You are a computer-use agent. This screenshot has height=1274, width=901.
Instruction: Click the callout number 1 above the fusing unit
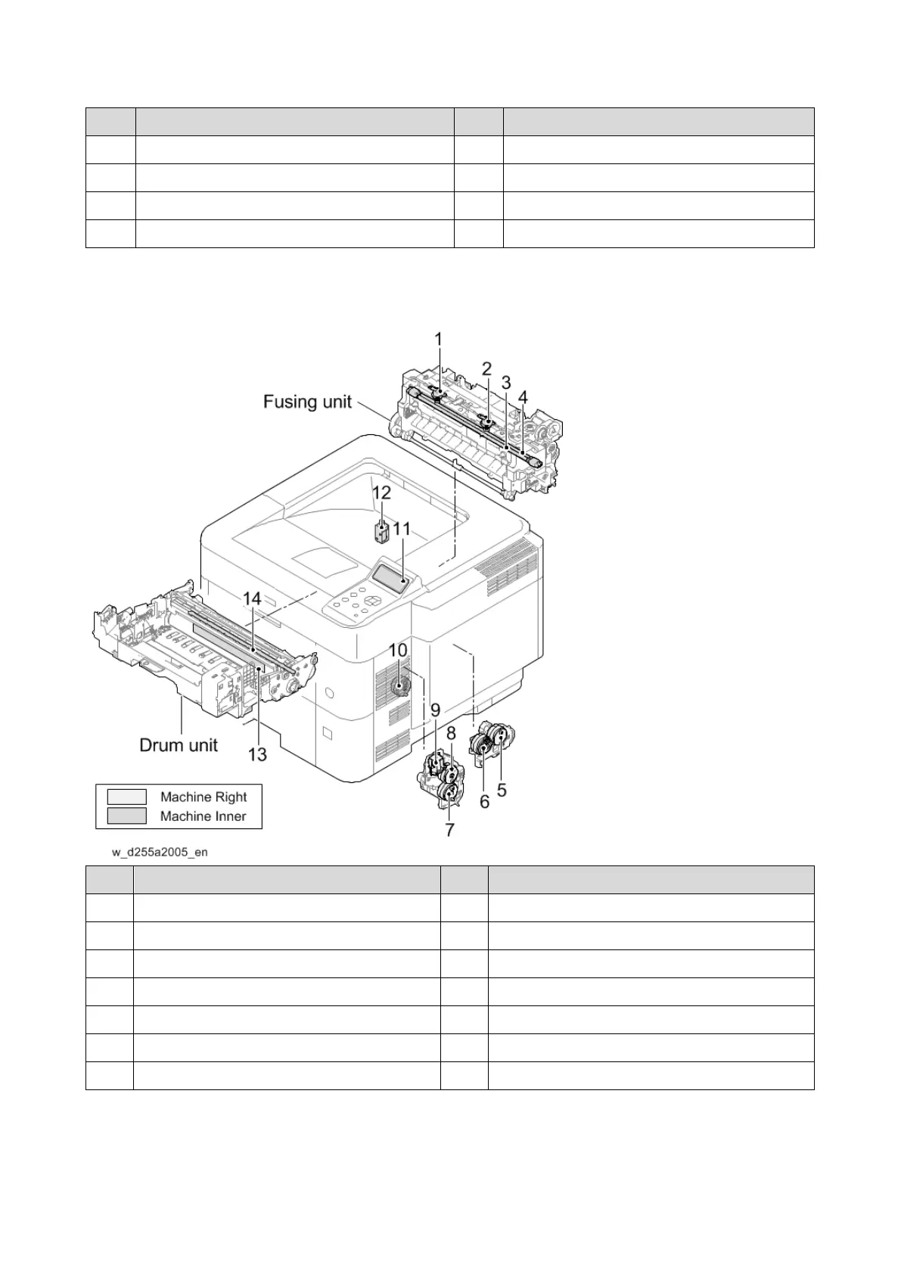(x=438, y=340)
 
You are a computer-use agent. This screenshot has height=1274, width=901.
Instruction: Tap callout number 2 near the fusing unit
(x=487, y=368)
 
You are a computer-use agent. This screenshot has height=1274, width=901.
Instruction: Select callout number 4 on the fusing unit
(x=523, y=396)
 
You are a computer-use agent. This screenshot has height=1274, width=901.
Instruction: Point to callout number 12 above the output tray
(x=381, y=493)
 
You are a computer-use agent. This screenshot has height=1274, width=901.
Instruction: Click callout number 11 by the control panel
(x=401, y=528)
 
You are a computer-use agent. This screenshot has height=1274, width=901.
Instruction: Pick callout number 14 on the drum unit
(x=252, y=598)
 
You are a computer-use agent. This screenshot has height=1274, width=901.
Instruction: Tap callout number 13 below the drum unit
(x=257, y=754)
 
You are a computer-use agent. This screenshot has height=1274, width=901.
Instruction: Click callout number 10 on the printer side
(x=398, y=650)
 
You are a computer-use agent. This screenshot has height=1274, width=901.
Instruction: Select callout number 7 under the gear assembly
(x=449, y=830)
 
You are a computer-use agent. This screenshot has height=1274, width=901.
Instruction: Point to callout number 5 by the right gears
(x=502, y=790)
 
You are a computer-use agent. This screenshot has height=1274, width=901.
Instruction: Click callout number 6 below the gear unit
(x=485, y=801)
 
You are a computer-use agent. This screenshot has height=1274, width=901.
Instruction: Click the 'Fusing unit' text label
(x=307, y=401)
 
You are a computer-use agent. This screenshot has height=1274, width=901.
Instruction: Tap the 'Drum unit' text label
(x=179, y=745)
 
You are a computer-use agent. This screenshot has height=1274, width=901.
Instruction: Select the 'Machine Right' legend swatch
(x=126, y=797)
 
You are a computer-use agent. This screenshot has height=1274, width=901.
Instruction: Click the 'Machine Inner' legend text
(x=203, y=816)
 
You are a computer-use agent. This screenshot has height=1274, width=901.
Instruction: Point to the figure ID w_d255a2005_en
(x=160, y=852)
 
